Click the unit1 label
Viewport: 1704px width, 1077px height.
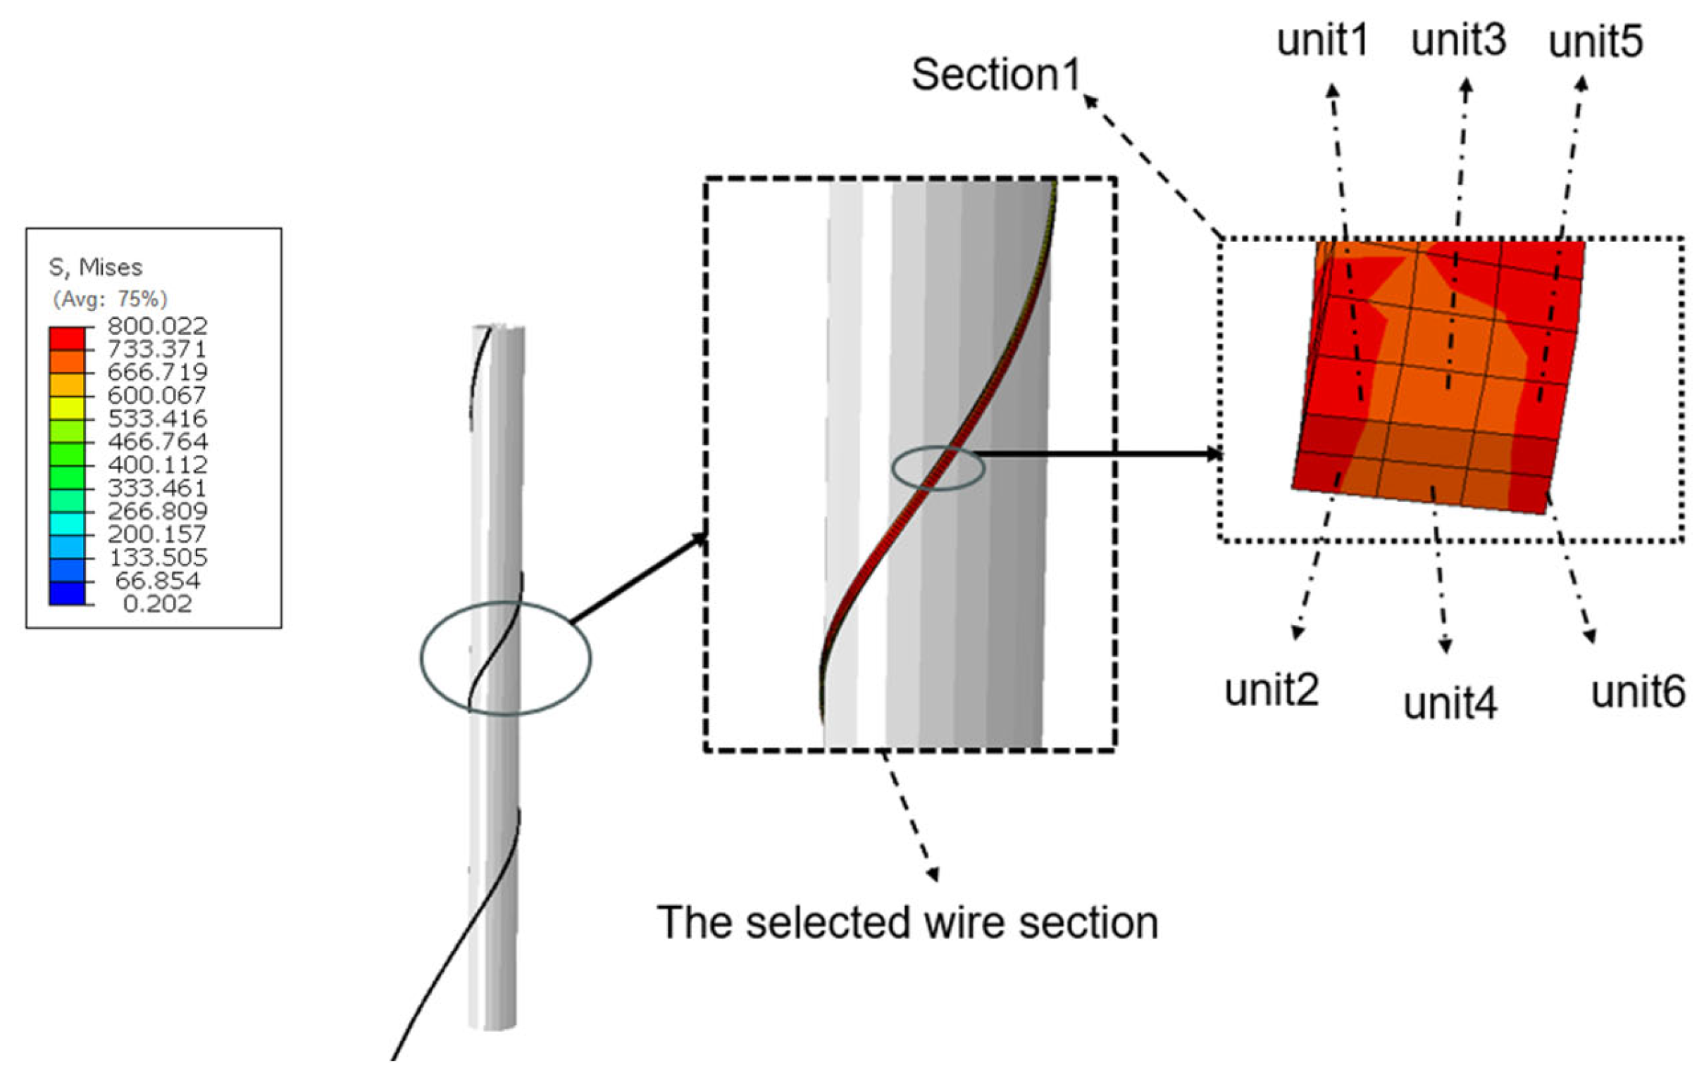pyautogui.click(x=1323, y=40)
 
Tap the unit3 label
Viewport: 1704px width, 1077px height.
pyautogui.click(x=1458, y=40)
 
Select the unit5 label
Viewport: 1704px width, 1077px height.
pyautogui.click(x=1595, y=42)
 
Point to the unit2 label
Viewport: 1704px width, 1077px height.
pyautogui.click(x=1271, y=689)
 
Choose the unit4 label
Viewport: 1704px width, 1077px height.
pyautogui.click(x=1450, y=704)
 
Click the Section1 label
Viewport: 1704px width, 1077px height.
pyautogui.click(x=996, y=74)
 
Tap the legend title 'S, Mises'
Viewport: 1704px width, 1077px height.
pyautogui.click(x=95, y=267)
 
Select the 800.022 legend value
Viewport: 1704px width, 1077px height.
pyautogui.click(x=157, y=326)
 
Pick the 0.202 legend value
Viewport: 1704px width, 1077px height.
pyautogui.click(x=157, y=604)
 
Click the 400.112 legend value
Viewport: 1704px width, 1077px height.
pyautogui.click(x=157, y=465)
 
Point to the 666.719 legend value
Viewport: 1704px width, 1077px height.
pyautogui.click(x=157, y=372)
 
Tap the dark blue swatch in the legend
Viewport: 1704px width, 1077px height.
pyautogui.click(x=66, y=593)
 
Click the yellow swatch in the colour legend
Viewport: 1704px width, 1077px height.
pyautogui.click(x=66, y=408)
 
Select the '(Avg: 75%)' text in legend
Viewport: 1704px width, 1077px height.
pyautogui.click(x=110, y=299)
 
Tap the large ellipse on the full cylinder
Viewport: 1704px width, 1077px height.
pyautogui.click(x=505, y=658)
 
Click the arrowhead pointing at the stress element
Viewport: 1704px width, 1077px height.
pyautogui.click(x=1214, y=453)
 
